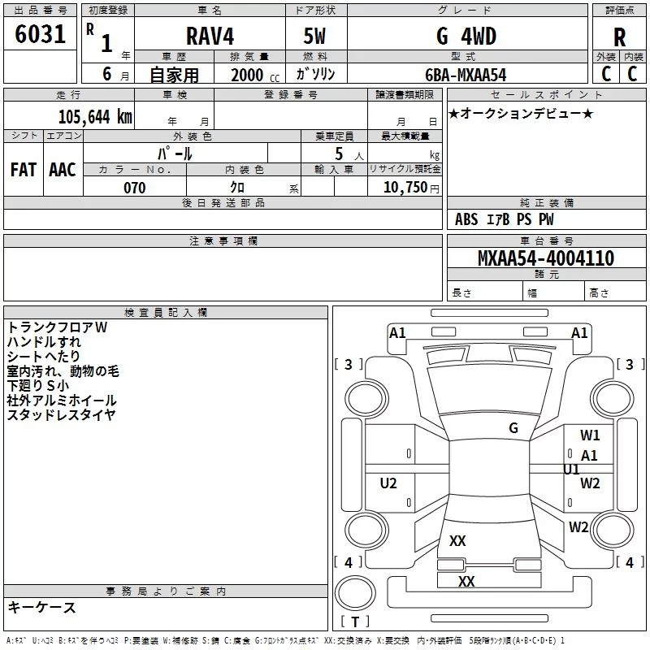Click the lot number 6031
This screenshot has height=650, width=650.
[x=40, y=34]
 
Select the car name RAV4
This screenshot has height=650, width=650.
[x=210, y=36]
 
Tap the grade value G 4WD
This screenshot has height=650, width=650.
[x=466, y=36]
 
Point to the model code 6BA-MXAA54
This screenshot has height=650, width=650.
[x=466, y=75]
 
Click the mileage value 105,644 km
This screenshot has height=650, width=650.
[x=95, y=117]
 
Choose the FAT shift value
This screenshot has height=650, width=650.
[x=24, y=170]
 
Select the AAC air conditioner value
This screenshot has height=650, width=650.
[x=63, y=170]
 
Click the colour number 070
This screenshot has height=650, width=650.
[x=135, y=188]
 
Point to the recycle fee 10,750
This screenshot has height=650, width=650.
[x=405, y=188]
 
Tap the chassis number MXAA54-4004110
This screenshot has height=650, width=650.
[x=546, y=258]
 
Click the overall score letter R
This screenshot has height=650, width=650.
[x=619, y=37]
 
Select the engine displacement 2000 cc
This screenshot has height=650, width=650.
[x=255, y=75]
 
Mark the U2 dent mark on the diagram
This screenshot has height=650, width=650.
[x=388, y=483]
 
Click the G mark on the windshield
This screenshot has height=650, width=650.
[x=513, y=428]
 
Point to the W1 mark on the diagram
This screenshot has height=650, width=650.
[x=590, y=435]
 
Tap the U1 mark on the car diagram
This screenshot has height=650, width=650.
[x=571, y=470]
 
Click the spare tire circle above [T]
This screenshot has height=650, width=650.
[x=355, y=592]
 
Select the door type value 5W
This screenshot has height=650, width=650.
[x=314, y=36]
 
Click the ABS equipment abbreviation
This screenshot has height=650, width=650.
[x=466, y=219]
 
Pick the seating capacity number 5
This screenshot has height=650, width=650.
[x=339, y=154]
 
